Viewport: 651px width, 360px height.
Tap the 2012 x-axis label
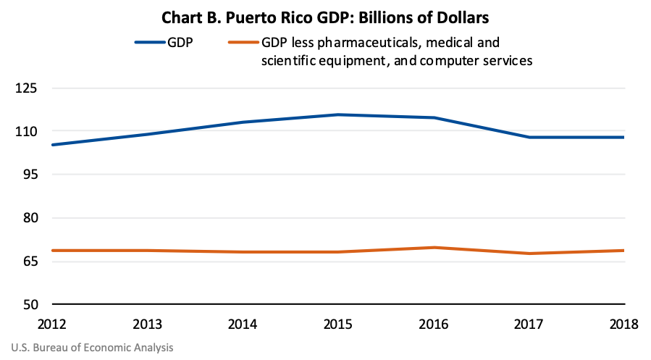[52, 324]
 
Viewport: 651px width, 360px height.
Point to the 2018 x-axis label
[623, 324]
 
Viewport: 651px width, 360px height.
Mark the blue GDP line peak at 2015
[338, 114]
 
